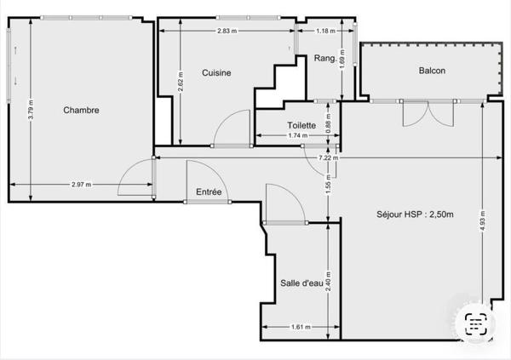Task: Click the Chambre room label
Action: coord(81,110)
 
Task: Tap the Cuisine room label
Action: coord(216,72)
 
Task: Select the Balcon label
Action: coord(432,71)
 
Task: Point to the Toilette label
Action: coord(301,125)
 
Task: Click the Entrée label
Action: coord(209,191)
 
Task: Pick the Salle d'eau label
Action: coord(301,283)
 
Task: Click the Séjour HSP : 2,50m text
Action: coord(415,214)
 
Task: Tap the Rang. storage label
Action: coord(325,59)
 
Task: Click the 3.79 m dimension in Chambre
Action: coord(31,109)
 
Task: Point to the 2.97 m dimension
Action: coord(82,185)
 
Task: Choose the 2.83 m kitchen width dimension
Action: coord(227,31)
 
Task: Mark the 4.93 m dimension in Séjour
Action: coord(483,220)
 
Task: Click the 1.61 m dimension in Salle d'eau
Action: coord(301,327)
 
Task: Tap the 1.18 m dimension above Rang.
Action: coord(325,31)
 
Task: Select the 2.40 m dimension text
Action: coord(328,282)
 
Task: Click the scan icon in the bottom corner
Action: coord(476,324)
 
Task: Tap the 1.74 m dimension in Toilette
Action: coord(297,135)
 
